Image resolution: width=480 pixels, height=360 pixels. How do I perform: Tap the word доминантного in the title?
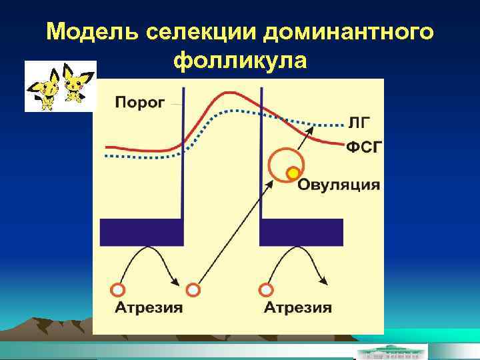350,32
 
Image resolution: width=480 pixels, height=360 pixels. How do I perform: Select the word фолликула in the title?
240,61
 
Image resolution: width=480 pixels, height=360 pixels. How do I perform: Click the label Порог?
141,103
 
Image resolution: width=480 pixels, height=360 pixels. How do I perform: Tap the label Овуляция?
338,185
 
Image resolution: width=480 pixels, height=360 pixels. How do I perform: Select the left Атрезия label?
149,307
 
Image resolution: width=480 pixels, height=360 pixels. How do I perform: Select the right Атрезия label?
297,307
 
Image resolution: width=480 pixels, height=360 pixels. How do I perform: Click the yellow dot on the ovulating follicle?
291,174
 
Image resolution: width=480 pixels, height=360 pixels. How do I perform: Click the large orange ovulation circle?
285,163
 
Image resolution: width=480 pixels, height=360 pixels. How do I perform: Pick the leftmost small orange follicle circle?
117,290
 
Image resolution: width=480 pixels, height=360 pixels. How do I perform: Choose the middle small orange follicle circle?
193,290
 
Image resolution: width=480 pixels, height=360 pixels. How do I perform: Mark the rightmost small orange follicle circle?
266,290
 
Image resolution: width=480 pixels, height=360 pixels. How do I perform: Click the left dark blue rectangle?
141,232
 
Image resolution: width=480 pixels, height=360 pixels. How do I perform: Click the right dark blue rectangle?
301,232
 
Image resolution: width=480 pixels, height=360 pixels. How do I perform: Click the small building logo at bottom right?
391,351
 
